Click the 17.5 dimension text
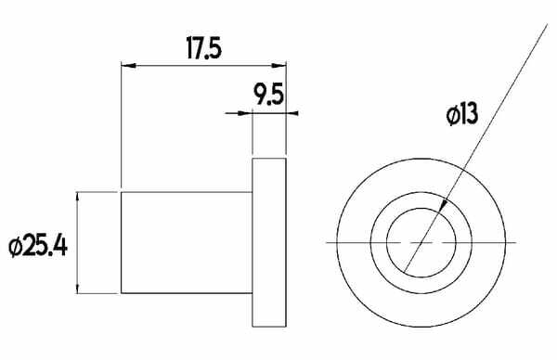tap(204, 48)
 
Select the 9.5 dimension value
tap(268, 95)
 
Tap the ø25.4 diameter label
tap(38, 247)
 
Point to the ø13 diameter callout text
tap(462, 115)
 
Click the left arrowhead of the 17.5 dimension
tap(129, 66)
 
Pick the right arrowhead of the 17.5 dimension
tap(278, 65)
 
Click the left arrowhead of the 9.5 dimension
tap(245, 113)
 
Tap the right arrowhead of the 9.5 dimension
tap(292, 113)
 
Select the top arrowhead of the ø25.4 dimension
tap(78, 199)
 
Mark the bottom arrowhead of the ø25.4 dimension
tap(78, 286)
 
